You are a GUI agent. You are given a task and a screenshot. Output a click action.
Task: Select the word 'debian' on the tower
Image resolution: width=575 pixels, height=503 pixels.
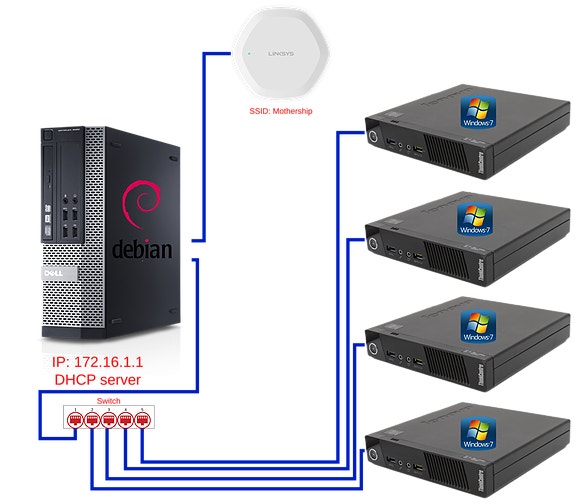coord(141,248)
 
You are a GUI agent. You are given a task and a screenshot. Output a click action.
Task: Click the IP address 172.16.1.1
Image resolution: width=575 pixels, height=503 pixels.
coord(102,362)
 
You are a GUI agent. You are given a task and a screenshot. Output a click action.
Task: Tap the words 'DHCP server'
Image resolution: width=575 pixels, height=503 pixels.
coord(96,380)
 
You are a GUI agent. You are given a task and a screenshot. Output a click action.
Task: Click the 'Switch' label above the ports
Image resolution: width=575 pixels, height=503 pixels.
coord(108,401)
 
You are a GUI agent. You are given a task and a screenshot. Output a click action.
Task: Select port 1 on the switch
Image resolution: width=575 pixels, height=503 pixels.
coord(74,419)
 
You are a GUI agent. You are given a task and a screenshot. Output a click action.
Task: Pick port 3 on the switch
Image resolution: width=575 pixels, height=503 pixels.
coord(108,419)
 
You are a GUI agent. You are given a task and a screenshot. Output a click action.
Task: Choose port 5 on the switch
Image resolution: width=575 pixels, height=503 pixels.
coord(142,419)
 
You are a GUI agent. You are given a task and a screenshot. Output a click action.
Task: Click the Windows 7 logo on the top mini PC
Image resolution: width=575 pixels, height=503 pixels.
coord(476,112)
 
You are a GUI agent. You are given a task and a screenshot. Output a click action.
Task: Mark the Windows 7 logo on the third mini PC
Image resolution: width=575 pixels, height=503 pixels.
coord(476,325)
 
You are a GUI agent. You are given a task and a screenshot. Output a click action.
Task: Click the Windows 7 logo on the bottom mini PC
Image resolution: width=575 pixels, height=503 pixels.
coord(476,432)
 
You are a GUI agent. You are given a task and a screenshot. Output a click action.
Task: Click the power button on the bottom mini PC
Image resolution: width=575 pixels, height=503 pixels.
coord(372,456)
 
